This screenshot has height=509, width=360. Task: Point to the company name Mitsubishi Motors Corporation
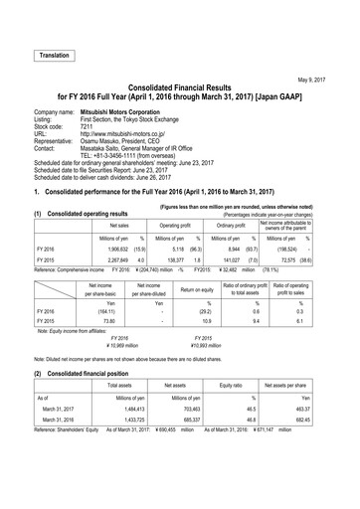click(136, 113)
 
